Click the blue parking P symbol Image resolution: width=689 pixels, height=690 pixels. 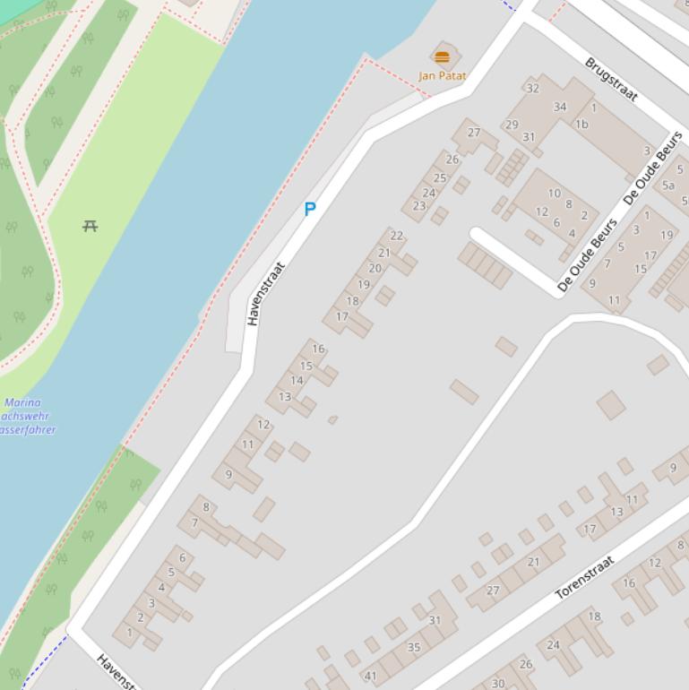310,210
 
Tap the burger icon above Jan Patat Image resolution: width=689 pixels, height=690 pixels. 442,57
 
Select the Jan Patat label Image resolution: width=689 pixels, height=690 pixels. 442,76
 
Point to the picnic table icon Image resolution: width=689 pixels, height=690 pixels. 90,226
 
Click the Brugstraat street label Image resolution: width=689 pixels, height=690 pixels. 611,80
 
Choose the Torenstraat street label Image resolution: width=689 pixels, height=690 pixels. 585,577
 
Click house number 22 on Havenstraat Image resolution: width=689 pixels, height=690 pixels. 396,236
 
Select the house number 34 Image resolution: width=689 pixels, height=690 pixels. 560,107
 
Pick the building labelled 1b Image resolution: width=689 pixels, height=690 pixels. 581,125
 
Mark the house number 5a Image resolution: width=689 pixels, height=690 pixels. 667,185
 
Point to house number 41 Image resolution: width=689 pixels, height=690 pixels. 370,676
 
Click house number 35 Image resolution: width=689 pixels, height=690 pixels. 414,647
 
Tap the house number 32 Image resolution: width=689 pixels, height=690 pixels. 533,88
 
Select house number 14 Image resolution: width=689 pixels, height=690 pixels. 297,380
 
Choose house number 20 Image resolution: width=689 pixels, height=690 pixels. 375,268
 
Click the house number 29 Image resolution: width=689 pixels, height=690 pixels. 512,125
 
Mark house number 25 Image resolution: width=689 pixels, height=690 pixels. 440,177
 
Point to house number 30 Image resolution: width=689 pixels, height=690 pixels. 498,683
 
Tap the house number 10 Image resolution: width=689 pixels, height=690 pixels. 554,193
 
